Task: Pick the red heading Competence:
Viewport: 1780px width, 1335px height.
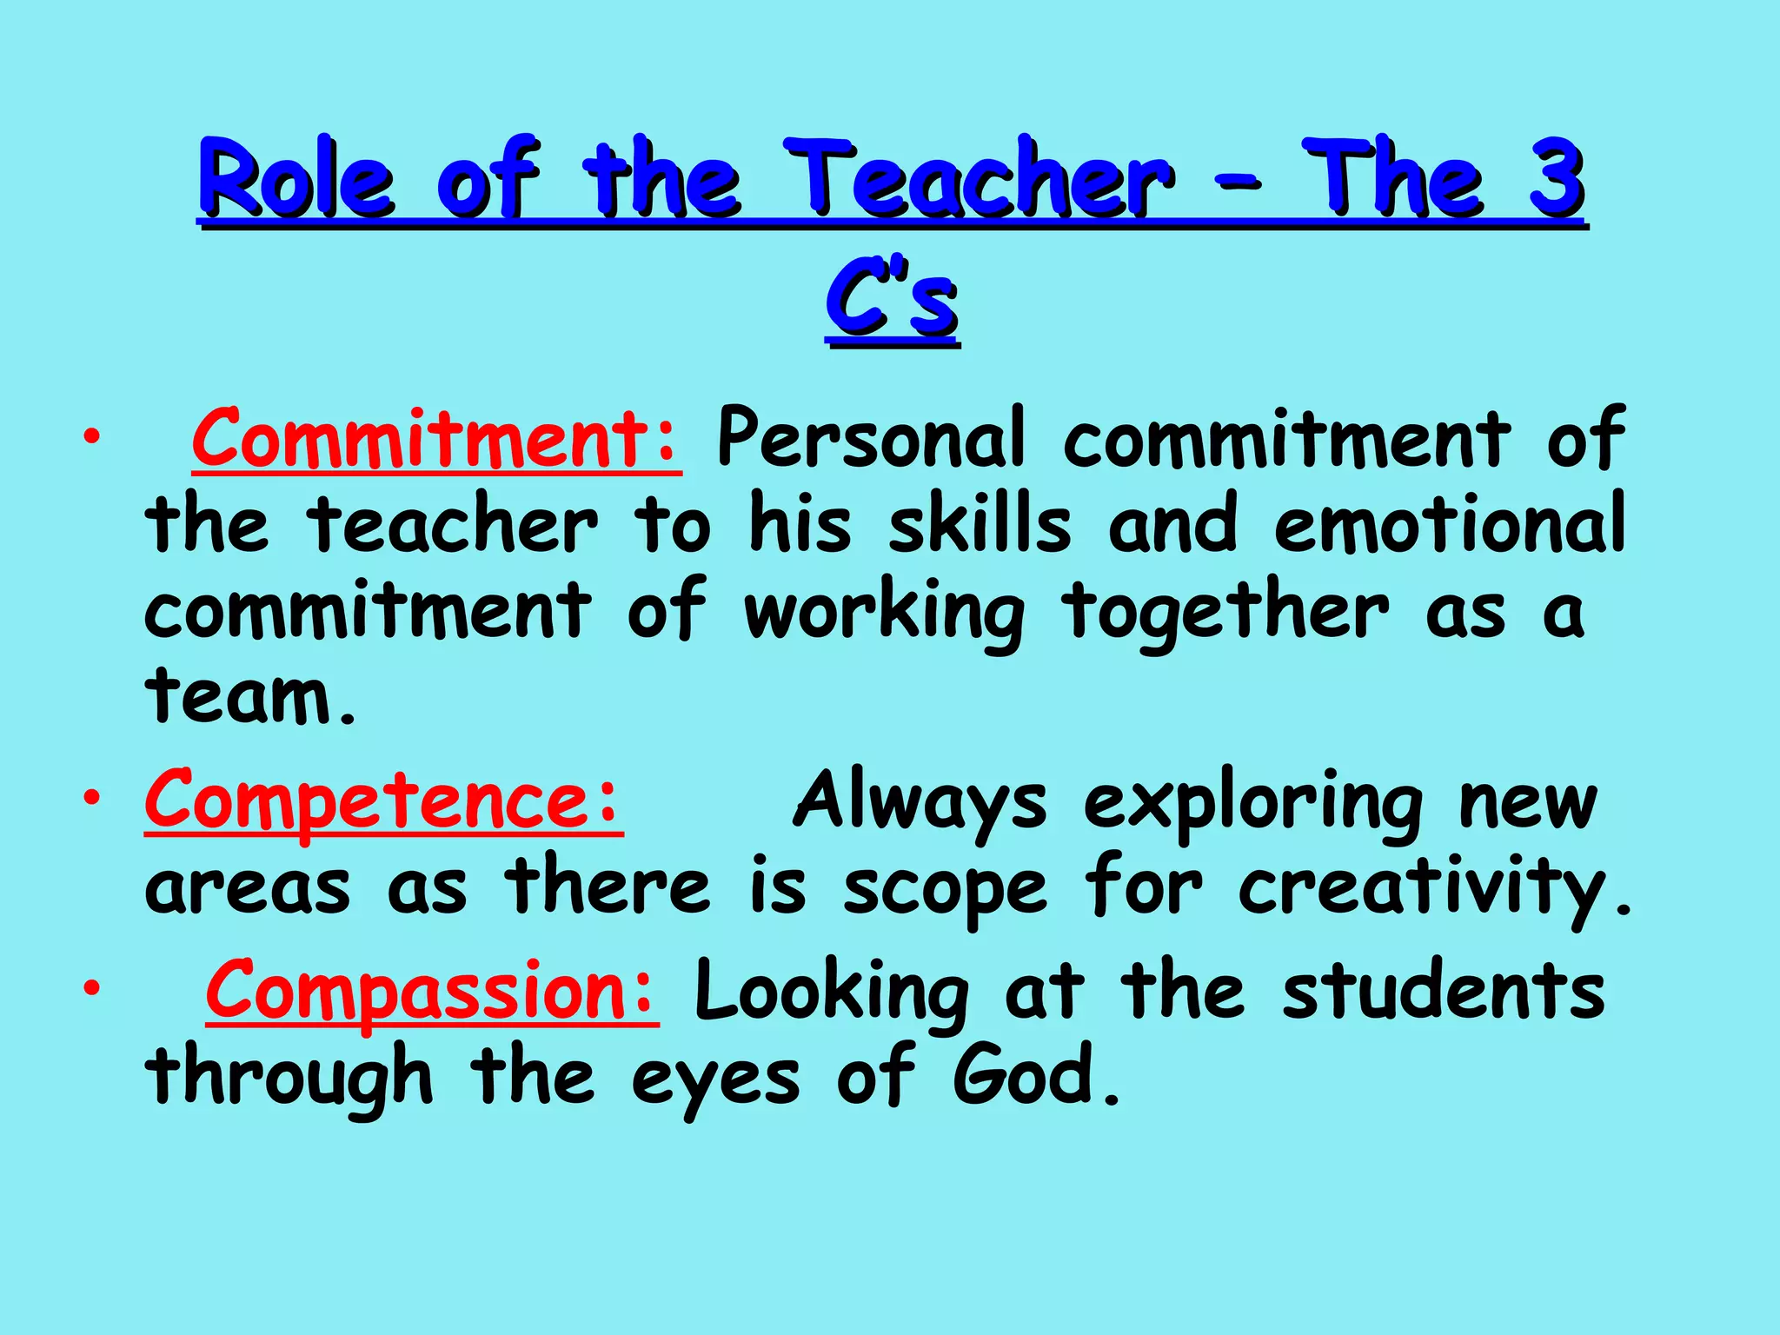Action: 383,800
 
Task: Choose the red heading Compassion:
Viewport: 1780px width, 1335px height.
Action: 432,991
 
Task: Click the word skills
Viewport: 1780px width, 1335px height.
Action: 980,524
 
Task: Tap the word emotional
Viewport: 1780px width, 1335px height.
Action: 1449,524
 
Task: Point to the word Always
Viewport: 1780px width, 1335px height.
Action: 920,801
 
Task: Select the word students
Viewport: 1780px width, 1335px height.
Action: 1443,991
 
